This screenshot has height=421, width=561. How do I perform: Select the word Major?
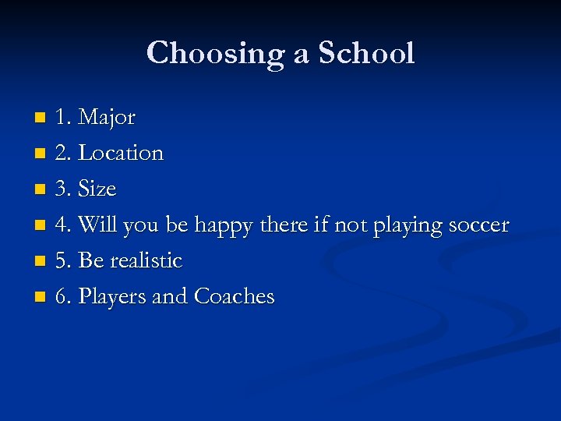[x=108, y=118]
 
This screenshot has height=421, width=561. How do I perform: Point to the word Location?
[x=121, y=153]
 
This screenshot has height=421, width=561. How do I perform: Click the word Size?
[x=97, y=189]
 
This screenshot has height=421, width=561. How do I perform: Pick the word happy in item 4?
[x=227, y=226]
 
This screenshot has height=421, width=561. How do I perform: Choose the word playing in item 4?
[x=400, y=226]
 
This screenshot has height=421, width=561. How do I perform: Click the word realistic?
[x=146, y=260]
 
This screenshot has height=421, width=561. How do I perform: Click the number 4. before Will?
[x=63, y=225]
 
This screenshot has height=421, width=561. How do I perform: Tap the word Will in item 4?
[x=95, y=225]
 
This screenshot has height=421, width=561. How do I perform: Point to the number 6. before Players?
[x=63, y=296]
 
